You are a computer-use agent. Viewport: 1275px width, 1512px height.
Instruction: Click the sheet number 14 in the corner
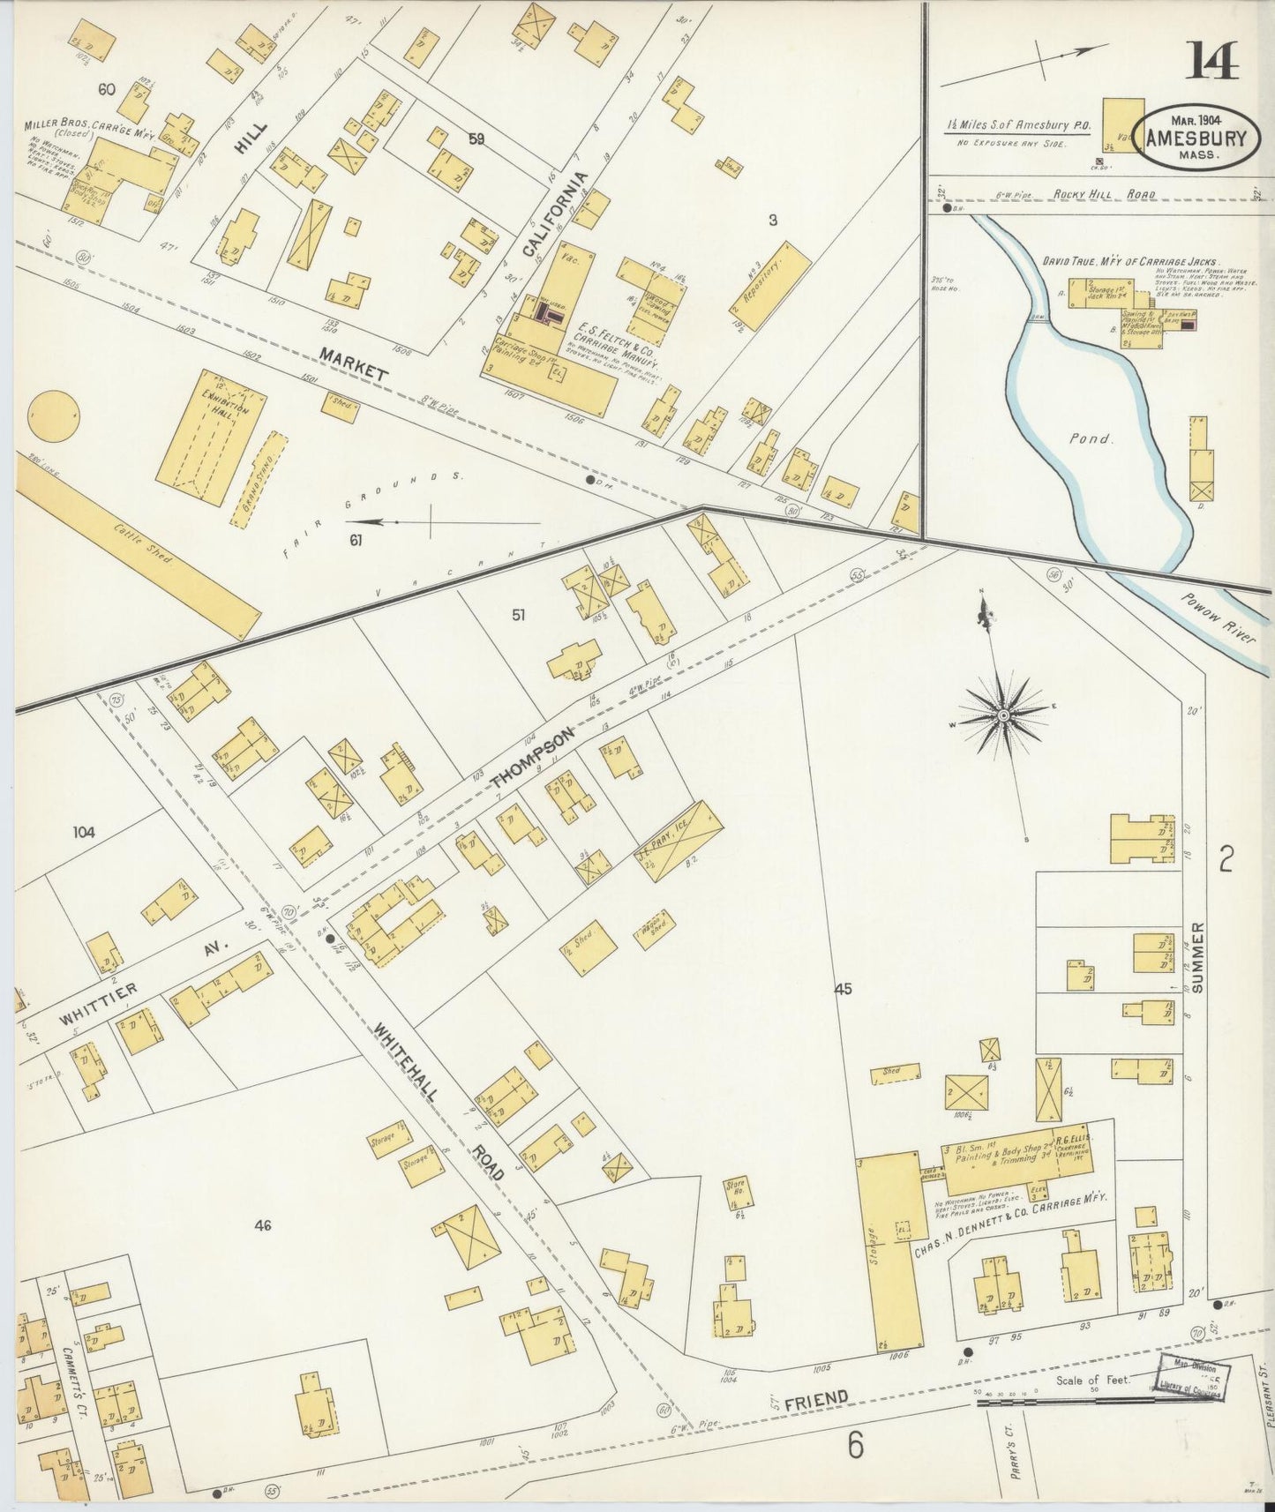pos(1213,63)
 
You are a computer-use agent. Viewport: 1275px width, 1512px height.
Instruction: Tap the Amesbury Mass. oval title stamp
pos(1196,138)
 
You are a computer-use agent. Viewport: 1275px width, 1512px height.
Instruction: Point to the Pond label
pos(1089,438)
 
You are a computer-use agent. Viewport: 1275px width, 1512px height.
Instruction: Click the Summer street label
pos(1198,958)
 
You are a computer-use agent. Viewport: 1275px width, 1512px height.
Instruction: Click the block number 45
pos(843,989)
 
